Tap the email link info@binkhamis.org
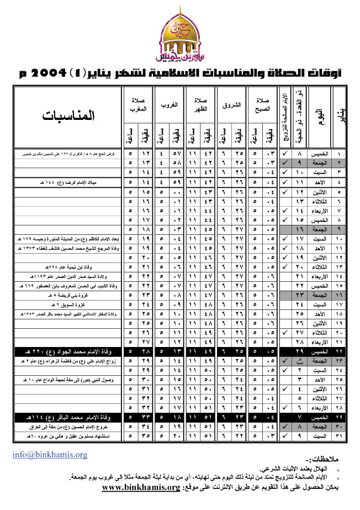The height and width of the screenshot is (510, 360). tap(50, 455)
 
